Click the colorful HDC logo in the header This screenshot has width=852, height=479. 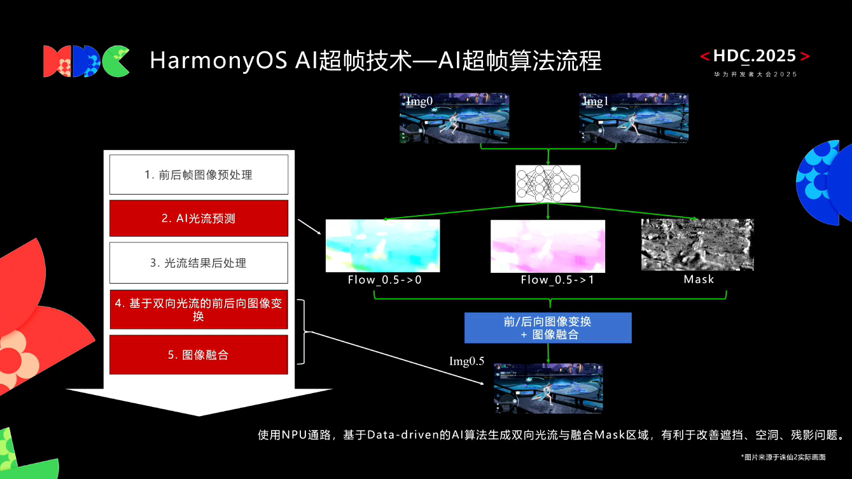point(86,61)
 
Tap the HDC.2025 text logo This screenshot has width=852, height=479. point(755,57)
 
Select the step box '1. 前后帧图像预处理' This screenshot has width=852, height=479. point(199,174)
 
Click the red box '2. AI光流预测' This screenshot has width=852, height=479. point(199,218)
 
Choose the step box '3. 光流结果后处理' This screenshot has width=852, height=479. point(199,263)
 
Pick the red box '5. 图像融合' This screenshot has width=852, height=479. point(199,355)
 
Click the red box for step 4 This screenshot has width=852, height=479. point(199,310)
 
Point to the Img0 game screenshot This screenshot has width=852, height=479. point(454,118)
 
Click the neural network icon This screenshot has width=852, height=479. point(548,184)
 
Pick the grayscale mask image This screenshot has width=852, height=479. point(697,246)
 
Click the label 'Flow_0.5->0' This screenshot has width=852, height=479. point(384,280)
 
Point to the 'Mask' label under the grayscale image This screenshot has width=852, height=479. point(699,280)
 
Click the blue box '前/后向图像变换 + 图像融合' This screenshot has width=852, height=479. point(548,328)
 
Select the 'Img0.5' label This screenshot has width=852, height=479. point(467,362)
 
